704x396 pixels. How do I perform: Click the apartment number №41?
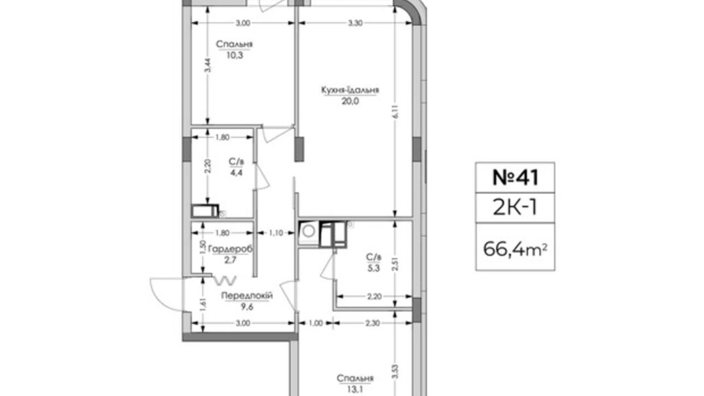pyautogui.click(x=515, y=177)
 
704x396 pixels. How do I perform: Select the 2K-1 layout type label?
pyautogui.click(x=515, y=208)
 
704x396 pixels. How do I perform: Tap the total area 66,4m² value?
pyautogui.click(x=515, y=249)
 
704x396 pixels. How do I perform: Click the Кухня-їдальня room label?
pyautogui.click(x=350, y=90)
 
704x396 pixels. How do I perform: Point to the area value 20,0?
pyautogui.click(x=350, y=101)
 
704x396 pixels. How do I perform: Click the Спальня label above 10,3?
pyautogui.click(x=234, y=45)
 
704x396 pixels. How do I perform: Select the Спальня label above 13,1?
pyautogui.click(x=355, y=378)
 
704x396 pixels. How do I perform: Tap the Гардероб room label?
pyautogui.click(x=230, y=249)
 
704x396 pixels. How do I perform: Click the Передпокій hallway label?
pyautogui.click(x=247, y=295)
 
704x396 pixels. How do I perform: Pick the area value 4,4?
pyautogui.click(x=236, y=173)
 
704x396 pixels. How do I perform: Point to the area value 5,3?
pyautogui.click(x=373, y=268)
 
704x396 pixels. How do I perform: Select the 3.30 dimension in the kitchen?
pyautogui.click(x=355, y=23)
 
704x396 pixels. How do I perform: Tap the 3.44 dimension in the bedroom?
pyautogui.click(x=207, y=65)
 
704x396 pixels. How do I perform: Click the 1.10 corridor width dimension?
pyautogui.click(x=276, y=233)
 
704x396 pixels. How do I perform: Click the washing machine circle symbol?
pyautogui.click(x=309, y=230)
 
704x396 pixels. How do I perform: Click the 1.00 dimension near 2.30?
pyautogui.click(x=315, y=323)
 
